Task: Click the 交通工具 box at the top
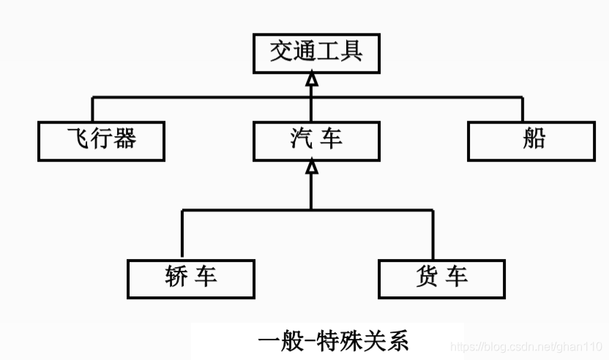[x=316, y=53]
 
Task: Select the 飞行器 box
[x=101, y=140]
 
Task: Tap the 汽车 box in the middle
[x=316, y=140]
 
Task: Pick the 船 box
[x=531, y=140]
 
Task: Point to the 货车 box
[x=441, y=278]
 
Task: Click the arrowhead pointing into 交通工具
[x=312, y=80]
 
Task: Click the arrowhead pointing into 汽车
[x=312, y=168]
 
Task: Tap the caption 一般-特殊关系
[x=333, y=341]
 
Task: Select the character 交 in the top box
[x=281, y=53]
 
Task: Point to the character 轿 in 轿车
[x=178, y=278]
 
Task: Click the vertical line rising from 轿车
[x=182, y=234]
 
